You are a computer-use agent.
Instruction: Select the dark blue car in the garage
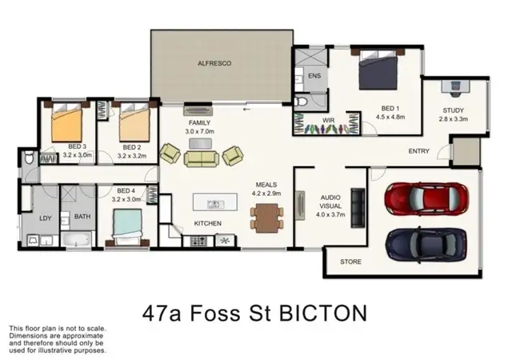[425, 241]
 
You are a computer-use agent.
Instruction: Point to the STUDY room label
[454, 110]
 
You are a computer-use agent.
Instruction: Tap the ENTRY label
[418, 150]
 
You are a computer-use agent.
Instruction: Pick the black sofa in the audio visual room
[358, 203]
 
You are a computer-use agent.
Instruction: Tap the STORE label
[350, 262]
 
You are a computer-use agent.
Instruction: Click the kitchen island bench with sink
[214, 204]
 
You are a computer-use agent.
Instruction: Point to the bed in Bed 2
[133, 124]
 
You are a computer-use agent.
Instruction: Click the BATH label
[82, 216]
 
